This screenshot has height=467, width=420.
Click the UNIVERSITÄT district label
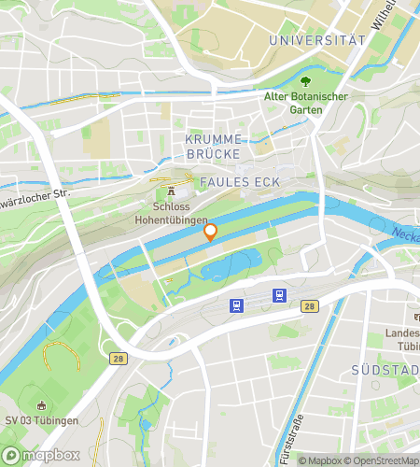(315, 40)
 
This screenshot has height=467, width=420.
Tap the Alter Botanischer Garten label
(306, 103)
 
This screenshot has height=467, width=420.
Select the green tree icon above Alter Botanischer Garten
(305, 81)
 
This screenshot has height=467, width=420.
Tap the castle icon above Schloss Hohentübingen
(172, 191)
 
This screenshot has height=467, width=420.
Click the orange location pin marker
(210, 232)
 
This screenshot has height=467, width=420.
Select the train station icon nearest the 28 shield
(278, 296)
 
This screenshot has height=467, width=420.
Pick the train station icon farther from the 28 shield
(238, 304)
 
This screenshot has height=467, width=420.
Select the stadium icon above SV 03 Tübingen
(40, 404)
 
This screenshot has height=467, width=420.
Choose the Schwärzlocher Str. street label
(35, 198)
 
